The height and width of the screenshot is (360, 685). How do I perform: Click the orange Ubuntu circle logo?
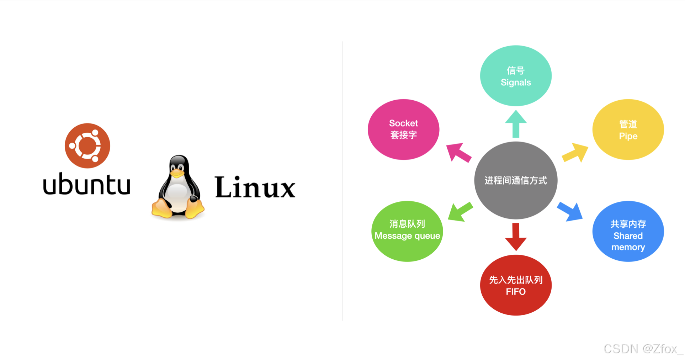point(87,145)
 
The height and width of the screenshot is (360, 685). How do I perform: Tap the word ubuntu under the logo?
point(86,184)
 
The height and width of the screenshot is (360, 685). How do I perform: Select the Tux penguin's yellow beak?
point(177,173)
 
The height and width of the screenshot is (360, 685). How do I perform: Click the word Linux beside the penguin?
point(255,187)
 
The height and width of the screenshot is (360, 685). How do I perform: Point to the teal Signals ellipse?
point(516,76)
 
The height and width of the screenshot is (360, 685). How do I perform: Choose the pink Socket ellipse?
point(403,129)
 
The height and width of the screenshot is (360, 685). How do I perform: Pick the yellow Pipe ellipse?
point(628,129)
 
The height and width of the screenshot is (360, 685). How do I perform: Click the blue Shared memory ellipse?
point(628,232)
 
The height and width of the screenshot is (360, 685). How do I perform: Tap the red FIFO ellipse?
point(516,285)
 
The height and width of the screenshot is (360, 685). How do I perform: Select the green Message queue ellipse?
point(407,231)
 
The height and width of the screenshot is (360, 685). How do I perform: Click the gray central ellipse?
point(516,180)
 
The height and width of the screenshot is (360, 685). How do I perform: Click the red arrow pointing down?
point(516,237)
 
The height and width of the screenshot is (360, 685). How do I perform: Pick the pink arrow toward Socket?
point(458,152)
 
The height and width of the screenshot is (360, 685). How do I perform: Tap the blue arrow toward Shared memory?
point(570,211)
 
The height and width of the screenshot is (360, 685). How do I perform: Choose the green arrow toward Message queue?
point(460,212)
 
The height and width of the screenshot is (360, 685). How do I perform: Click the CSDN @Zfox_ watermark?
point(643,349)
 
